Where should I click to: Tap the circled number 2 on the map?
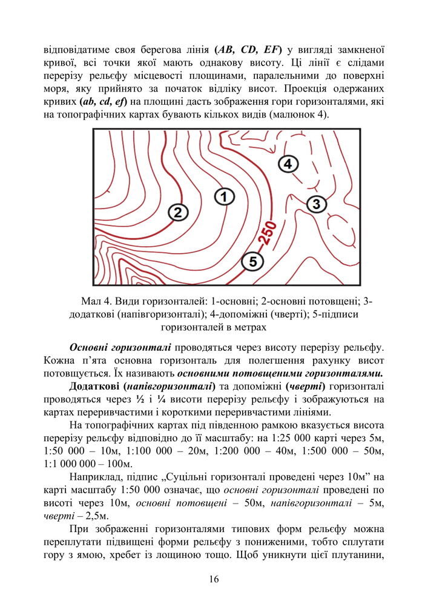tap(177, 212)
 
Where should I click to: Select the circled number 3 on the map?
tap(316, 204)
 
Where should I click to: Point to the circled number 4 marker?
tap(288, 164)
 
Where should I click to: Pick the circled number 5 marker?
tap(252, 261)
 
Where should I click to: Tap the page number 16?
tap(214, 579)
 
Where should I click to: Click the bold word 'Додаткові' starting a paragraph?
tap(95, 386)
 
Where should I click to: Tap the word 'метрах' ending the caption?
tap(249, 327)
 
